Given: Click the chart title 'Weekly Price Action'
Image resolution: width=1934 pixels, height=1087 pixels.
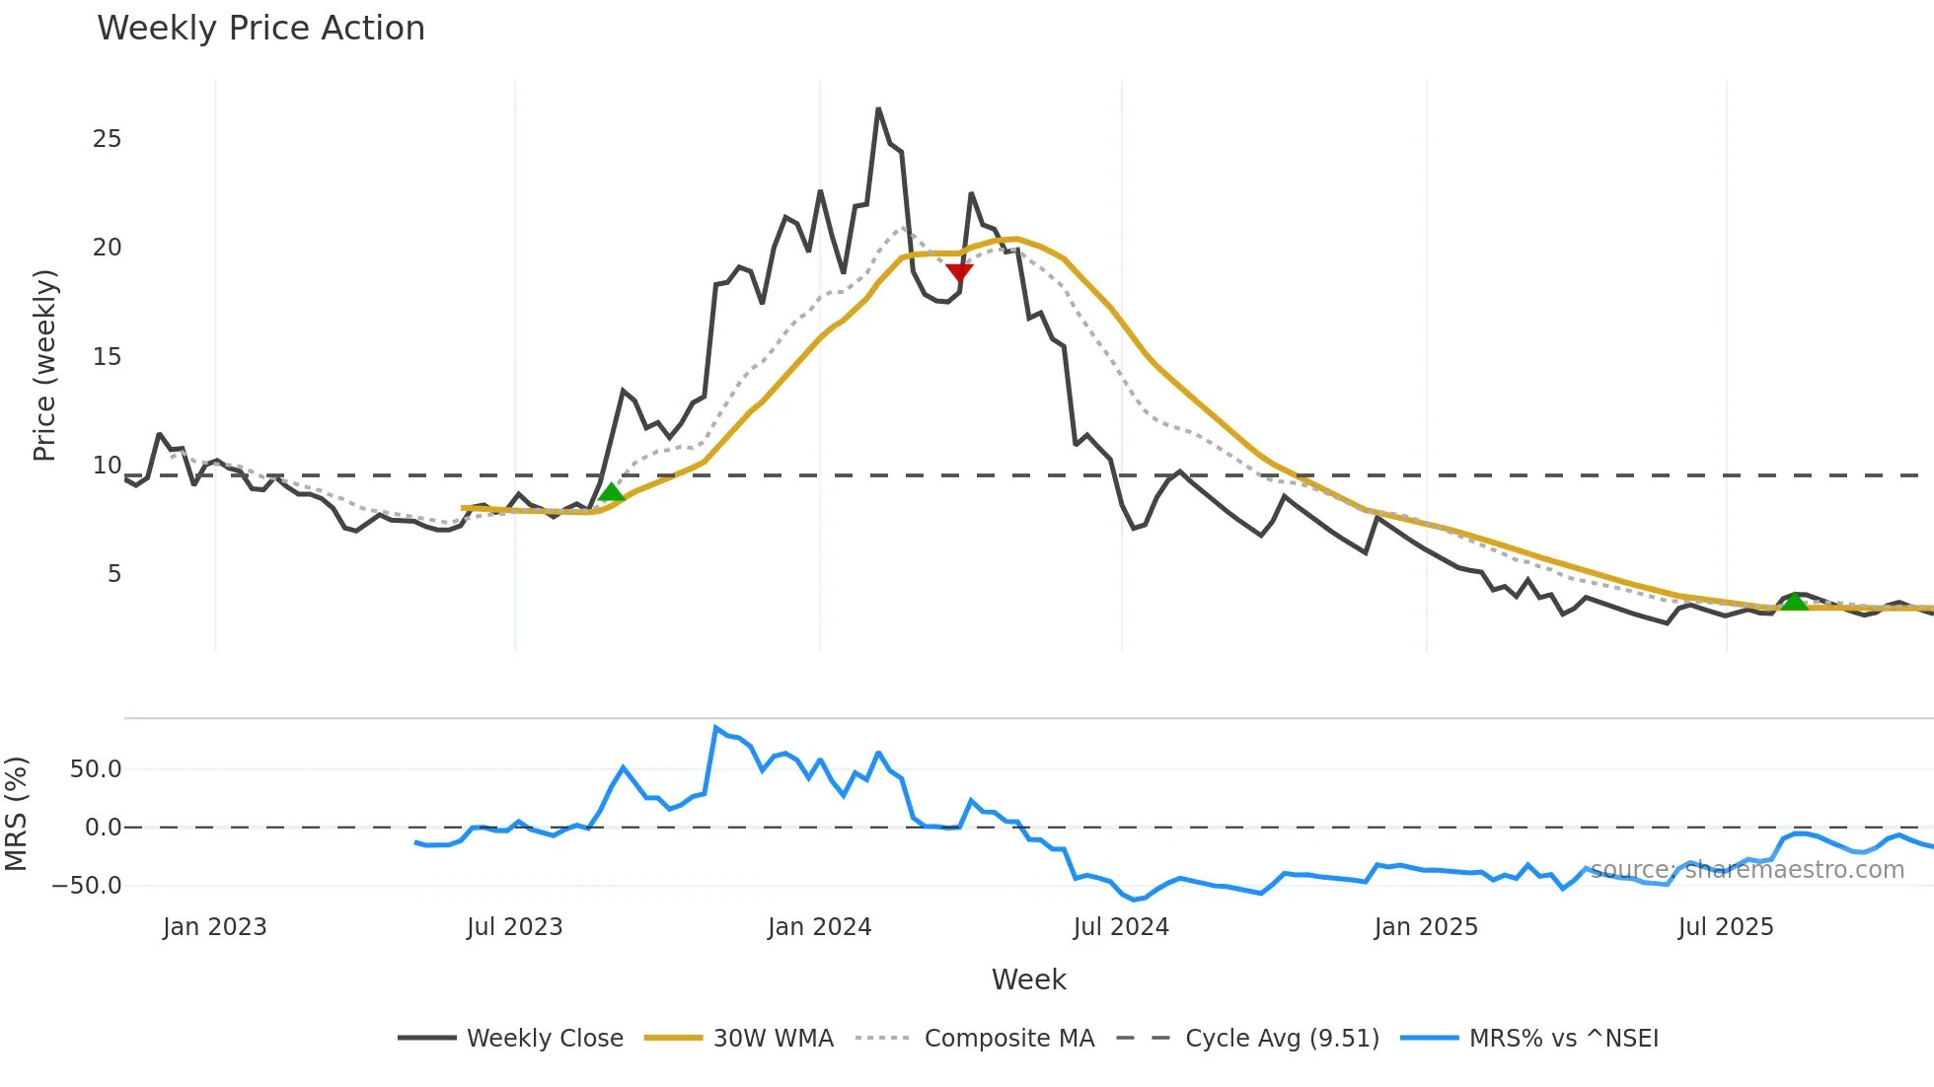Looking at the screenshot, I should click(260, 29).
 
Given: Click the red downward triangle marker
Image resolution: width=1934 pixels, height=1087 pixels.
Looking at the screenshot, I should click(959, 272).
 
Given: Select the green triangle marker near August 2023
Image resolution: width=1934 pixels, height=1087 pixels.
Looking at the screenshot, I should click(612, 492).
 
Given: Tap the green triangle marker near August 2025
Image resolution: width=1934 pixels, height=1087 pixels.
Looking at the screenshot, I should click(1794, 601).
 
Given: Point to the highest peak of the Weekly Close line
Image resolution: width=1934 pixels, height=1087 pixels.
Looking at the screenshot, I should click(878, 109).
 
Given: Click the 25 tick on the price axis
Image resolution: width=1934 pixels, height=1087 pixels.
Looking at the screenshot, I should click(107, 139).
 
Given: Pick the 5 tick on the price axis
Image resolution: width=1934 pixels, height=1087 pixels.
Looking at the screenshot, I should click(114, 574).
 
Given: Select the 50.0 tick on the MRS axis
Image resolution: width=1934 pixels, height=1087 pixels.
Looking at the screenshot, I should click(96, 769).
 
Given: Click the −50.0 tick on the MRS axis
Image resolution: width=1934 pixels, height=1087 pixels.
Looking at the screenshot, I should click(87, 886).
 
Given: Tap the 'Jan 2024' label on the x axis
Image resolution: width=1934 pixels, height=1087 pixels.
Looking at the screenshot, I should click(819, 927).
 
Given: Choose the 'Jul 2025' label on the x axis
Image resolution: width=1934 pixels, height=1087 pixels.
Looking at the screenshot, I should click(1726, 927).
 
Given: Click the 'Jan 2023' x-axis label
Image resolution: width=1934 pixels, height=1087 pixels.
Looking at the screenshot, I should click(215, 927).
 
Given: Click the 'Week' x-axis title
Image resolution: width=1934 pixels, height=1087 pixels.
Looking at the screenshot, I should click(1028, 979).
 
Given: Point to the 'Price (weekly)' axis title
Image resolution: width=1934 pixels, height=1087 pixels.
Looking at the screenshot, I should click(45, 365).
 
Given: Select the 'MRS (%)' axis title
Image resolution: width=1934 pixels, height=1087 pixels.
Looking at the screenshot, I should click(16, 814).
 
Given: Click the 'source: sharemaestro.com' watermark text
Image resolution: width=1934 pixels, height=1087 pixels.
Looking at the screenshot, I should click(1747, 870).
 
